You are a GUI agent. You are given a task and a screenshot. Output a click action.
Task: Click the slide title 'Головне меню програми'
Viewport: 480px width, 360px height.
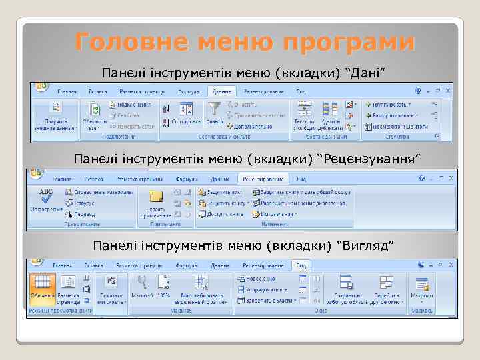[244, 42]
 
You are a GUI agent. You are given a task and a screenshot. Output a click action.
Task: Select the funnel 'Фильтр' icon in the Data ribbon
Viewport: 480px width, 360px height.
[214, 109]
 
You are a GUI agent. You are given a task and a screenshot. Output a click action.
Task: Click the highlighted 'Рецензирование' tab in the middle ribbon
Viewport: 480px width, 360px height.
[263, 179]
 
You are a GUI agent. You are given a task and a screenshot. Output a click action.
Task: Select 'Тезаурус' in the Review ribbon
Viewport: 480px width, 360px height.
[84, 203]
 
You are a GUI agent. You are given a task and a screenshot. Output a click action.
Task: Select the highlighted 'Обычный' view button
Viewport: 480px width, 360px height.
[43, 287]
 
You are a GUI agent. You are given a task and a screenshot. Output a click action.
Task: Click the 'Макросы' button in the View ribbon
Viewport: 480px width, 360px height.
[421, 287]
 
